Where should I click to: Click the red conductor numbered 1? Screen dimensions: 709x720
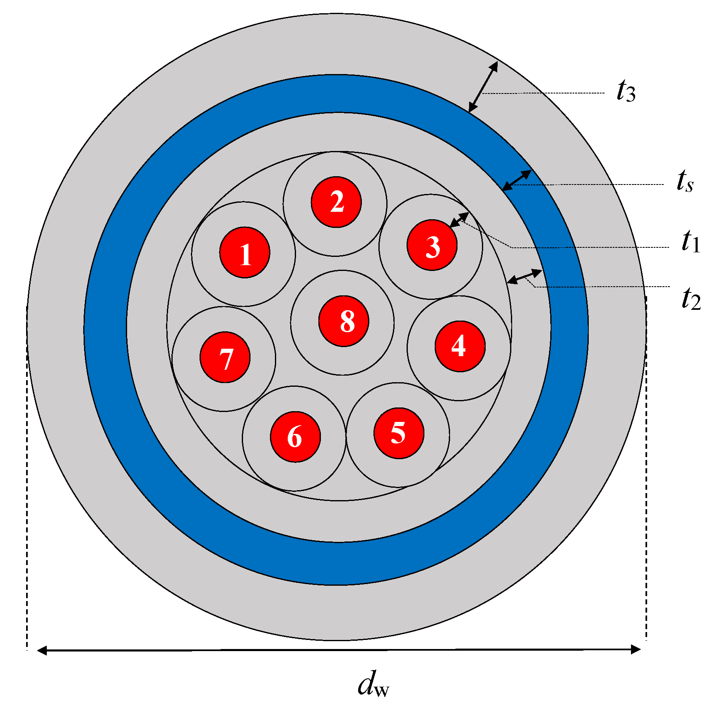tap(245, 252)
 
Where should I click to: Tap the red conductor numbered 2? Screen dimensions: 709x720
tap(336, 202)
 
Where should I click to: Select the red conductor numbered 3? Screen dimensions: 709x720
tap(432, 245)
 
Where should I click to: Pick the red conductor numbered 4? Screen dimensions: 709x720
tap(460, 346)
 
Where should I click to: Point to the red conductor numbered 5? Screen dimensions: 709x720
tap(399, 433)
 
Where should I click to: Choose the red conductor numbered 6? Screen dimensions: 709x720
tap(295, 436)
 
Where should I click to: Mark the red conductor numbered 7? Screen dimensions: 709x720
tap(225, 357)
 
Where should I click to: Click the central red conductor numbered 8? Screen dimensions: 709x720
tap(344, 321)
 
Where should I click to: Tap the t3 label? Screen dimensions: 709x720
tap(626, 91)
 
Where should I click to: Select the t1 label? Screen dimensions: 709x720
tap(690, 242)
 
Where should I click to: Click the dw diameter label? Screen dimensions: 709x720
tap(373, 684)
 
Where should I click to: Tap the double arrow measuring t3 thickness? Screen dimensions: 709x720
tap(483, 87)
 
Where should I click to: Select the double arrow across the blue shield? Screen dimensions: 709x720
tap(517, 180)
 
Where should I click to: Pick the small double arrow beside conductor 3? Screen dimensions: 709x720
tap(459, 220)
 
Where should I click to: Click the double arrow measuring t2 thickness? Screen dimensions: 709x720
tap(524, 276)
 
